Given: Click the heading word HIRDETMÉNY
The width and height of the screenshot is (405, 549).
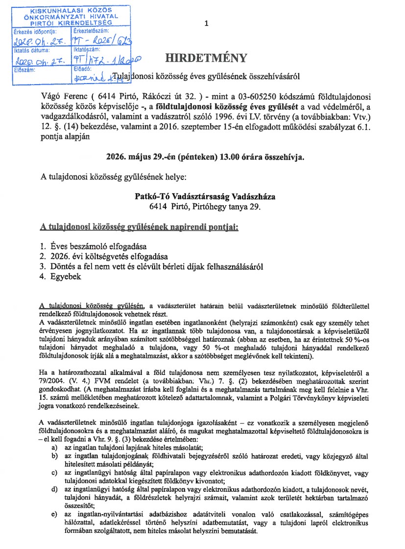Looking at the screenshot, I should (x=206, y=58).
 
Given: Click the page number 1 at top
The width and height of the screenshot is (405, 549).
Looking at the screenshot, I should (x=207, y=23).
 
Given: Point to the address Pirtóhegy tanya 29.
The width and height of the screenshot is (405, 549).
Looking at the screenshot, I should (x=227, y=207).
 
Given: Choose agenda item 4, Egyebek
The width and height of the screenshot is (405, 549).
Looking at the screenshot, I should (x=65, y=277).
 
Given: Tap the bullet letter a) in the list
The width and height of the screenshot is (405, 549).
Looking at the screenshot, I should (x=54, y=447).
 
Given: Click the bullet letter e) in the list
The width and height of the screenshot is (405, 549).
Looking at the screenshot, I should (x=54, y=515).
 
